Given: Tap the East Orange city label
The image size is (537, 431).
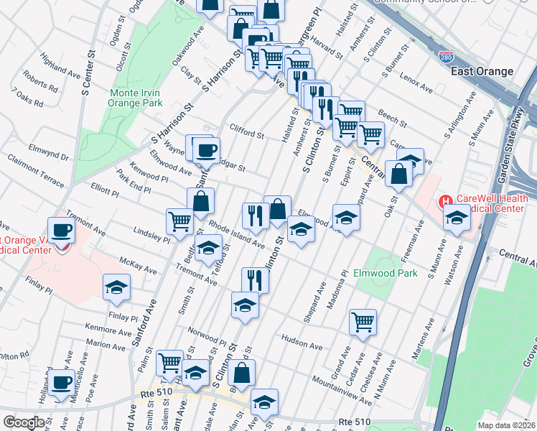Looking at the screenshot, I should click(x=482, y=71).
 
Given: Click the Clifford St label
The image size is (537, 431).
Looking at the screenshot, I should click(x=246, y=131).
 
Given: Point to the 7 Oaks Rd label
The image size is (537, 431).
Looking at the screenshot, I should click(x=27, y=98).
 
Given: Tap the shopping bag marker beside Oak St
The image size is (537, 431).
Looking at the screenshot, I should click(x=398, y=173).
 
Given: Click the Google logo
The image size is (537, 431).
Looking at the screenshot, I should click(x=24, y=422).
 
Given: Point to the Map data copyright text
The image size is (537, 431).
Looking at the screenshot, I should click(x=507, y=425).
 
